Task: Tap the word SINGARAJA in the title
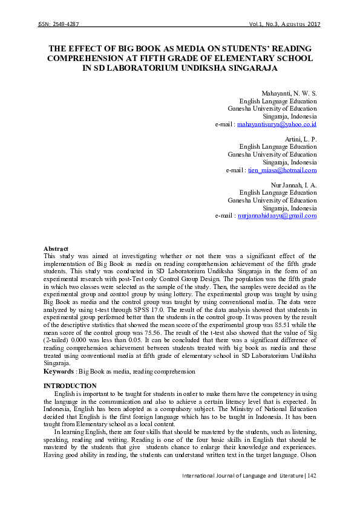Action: (247, 68)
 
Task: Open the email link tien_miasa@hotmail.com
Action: (282, 170)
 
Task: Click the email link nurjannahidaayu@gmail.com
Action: (277, 216)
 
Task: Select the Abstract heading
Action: (56, 248)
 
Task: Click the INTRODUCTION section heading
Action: (70, 386)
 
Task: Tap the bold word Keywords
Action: (59, 371)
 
